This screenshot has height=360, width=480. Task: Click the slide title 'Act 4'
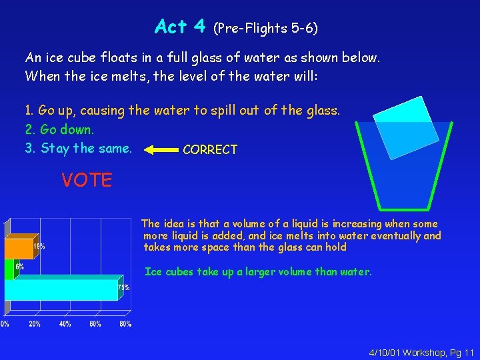coord(180,27)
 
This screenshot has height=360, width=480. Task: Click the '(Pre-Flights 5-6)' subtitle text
coord(265,28)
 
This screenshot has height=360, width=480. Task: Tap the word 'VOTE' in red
coord(87,180)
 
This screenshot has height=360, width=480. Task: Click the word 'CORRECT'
coord(209,150)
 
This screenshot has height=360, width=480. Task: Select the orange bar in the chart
coord(19,248)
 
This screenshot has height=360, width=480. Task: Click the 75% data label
coord(123,288)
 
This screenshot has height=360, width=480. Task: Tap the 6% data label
coord(20,266)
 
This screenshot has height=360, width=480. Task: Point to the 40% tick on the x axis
coord(65,324)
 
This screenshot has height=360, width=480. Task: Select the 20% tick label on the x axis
coord(34,324)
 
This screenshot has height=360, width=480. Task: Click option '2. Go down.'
coord(59,129)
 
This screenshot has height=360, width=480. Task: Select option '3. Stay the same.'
coord(78,148)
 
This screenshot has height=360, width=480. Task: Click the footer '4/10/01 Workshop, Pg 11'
coord(421,351)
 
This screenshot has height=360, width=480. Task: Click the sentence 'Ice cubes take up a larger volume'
coord(258,271)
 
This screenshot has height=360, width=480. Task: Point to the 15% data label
coord(41,246)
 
